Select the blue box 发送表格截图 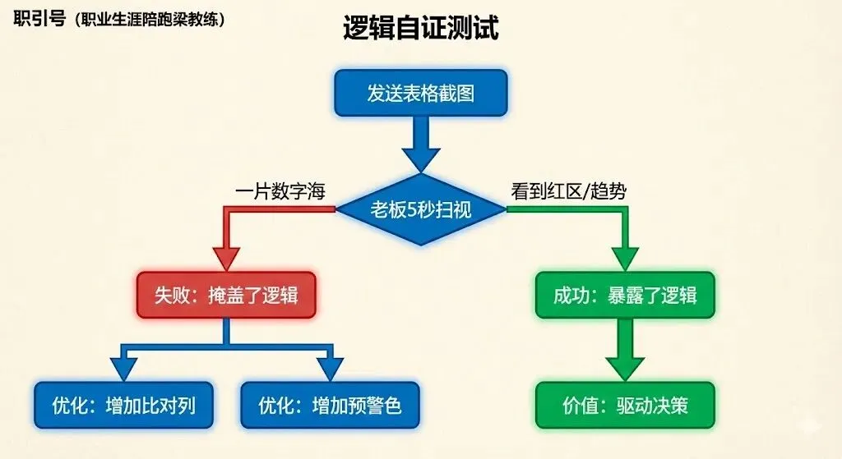pyautogui.click(x=420, y=93)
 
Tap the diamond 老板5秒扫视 pyautogui.click(x=420, y=210)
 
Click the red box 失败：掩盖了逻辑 pyautogui.click(x=225, y=295)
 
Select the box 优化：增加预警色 pyautogui.click(x=330, y=406)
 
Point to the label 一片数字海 pyautogui.click(x=280, y=192)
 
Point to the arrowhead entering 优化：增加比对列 pyautogui.click(x=122, y=368)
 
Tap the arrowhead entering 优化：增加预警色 pyautogui.click(x=330, y=368)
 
